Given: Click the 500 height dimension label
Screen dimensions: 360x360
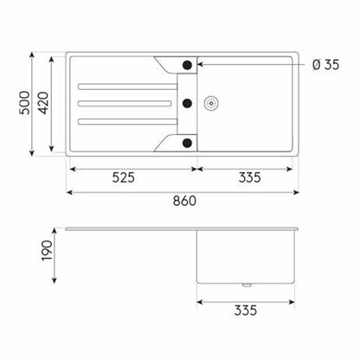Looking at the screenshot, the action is tap(24, 103).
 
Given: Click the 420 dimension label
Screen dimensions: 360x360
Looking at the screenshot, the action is tap(43, 103).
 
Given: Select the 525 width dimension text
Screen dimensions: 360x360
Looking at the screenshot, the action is tap(124, 177).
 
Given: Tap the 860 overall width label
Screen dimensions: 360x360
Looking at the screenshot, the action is tap(184, 201).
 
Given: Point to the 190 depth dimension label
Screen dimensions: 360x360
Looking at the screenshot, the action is tap(47, 251).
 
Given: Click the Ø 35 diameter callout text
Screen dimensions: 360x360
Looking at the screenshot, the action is tap(326, 65).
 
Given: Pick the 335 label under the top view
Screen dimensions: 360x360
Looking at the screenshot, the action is tap(250, 177).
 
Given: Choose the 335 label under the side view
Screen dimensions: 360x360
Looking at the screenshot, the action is tap(246, 311).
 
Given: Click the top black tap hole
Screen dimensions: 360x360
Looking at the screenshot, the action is tap(187, 65).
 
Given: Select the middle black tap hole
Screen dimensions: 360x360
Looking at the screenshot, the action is tap(187, 103).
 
